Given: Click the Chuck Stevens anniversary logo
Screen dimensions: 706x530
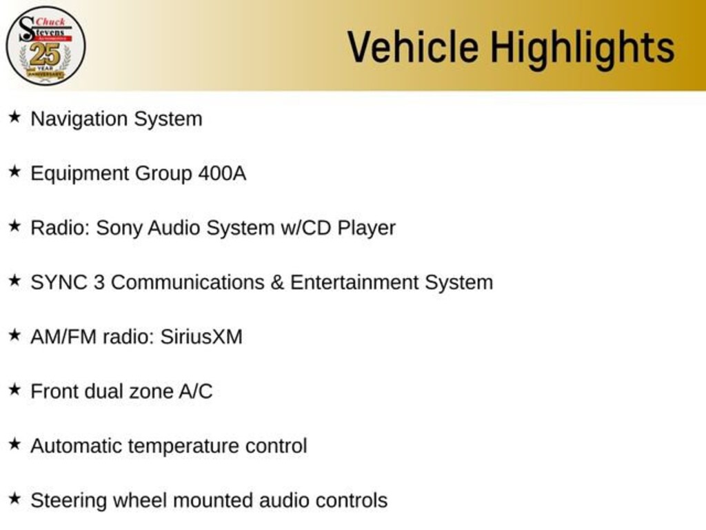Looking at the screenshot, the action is pos(46,46).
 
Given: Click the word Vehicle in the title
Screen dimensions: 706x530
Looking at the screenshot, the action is pos(413,47).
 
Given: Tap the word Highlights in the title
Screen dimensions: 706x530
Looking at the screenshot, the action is pos(583,50).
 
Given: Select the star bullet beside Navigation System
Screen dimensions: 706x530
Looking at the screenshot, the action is pos(15,117).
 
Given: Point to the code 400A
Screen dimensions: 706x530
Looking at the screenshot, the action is pos(222,173).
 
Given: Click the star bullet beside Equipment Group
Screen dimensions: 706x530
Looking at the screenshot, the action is pos(15,171).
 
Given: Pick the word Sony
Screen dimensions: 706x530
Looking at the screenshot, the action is pos(119,228).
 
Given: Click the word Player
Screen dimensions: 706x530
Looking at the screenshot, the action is pos(367,229).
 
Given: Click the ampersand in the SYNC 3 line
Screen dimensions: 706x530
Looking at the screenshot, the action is pos(277,282).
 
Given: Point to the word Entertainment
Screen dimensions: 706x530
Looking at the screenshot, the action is pos(354,282).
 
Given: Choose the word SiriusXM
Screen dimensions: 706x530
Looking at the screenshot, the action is pos(201,337).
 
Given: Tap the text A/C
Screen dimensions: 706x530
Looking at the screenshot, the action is pos(195,392).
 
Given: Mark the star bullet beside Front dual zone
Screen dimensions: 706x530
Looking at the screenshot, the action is pos(15,389).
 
